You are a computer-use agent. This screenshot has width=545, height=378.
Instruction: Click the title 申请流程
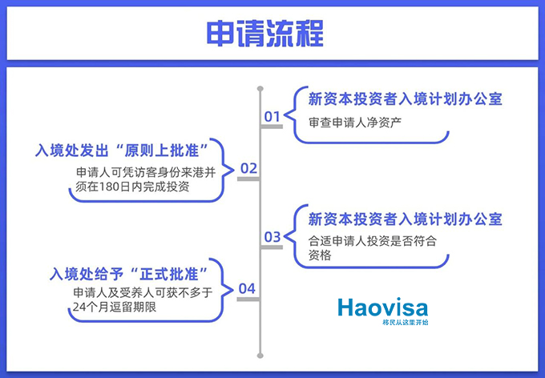[x=264, y=34]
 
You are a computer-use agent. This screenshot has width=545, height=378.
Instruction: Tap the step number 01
[x=272, y=117]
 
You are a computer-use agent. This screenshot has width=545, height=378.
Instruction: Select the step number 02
[x=249, y=168]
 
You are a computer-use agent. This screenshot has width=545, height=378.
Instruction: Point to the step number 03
[x=272, y=237]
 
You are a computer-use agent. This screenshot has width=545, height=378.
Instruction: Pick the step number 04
[x=247, y=289]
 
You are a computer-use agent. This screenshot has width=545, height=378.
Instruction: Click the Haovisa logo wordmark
[x=382, y=308]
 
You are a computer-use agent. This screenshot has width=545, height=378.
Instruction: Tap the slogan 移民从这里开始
[x=406, y=323]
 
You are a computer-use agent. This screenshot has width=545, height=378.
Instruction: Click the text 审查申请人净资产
[x=355, y=123]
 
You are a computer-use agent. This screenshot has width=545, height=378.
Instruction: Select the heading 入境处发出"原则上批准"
[x=122, y=151]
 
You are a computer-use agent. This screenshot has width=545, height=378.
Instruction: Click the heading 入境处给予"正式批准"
[x=129, y=274]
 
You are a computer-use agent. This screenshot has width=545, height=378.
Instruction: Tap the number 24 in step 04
[x=79, y=308]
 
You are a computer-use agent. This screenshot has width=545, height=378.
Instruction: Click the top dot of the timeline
[x=260, y=89]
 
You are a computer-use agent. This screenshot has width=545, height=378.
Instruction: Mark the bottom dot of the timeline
[x=260, y=356]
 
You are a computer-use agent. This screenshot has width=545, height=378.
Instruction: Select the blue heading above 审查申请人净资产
[x=406, y=99]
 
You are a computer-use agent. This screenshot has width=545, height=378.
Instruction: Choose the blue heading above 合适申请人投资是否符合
[x=406, y=219]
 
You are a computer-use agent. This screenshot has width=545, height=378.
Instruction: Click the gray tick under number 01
[x=272, y=127]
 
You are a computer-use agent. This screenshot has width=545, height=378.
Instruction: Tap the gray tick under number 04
[x=248, y=300]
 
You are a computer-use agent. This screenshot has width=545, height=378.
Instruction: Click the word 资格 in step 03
[x=320, y=255]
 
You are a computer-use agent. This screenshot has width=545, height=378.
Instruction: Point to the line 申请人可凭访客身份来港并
[x=146, y=173]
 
